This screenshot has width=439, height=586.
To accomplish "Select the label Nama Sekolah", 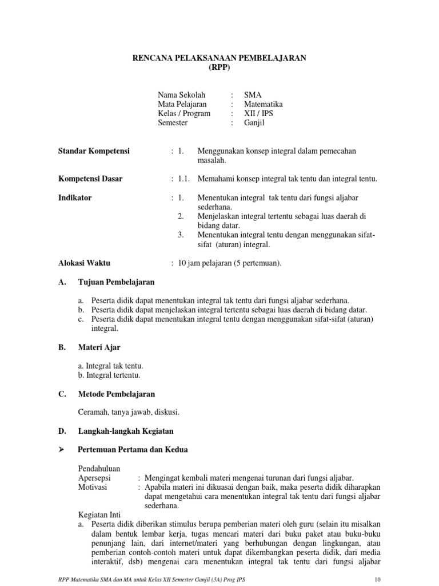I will [x=181, y=95].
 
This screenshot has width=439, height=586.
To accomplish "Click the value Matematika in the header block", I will [x=263, y=104].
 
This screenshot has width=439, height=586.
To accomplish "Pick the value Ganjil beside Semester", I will [x=255, y=122].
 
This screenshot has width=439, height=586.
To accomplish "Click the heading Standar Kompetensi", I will [x=94, y=151].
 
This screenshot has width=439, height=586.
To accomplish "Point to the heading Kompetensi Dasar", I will [x=90, y=179].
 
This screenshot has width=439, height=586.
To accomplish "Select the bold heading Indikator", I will [x=75, y=198].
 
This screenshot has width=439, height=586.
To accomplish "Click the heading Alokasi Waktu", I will [x=84, y=263].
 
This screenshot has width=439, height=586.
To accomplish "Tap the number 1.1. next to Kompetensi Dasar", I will [x=183, y=179].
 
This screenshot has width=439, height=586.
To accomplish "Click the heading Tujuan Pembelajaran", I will [x=116, y=282].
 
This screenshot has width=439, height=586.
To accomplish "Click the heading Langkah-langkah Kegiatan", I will [x=126, y=431].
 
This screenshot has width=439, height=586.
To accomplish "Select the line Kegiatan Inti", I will [x=99, y=515].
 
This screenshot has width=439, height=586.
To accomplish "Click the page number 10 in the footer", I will [x=376, y=579].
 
